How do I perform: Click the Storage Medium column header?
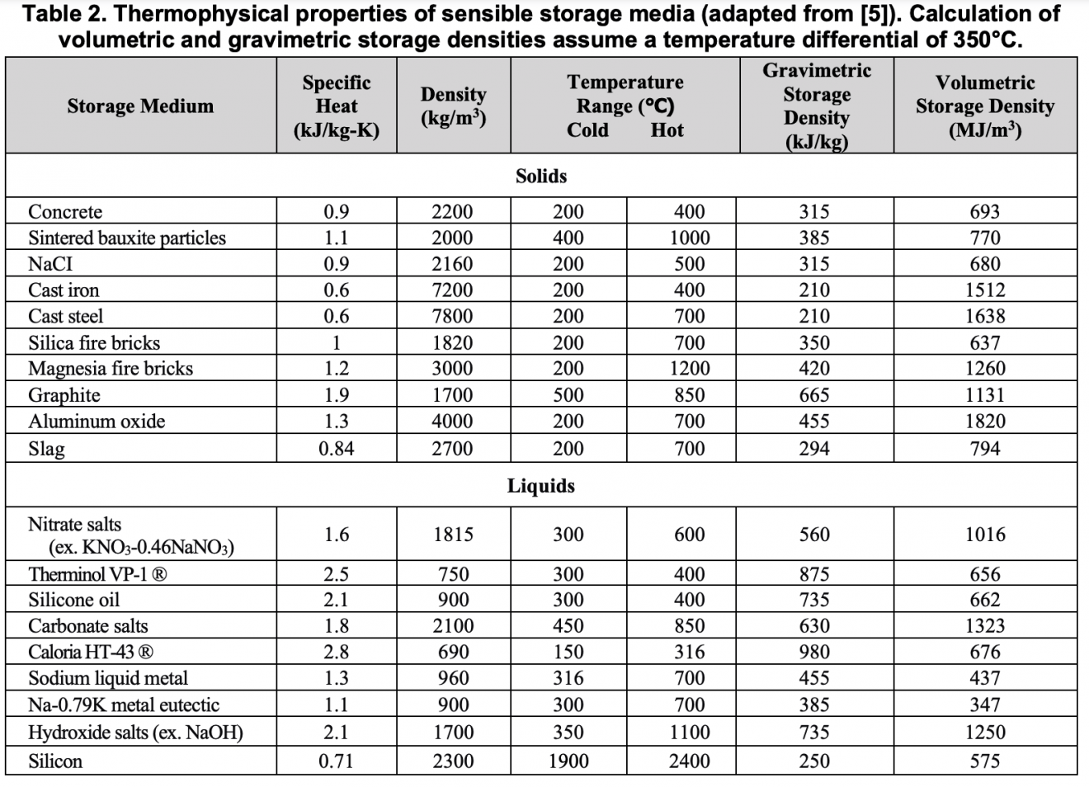[140, 106]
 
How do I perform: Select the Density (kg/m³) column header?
[453, 106]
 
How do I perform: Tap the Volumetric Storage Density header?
[984, 106]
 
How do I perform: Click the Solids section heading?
[541, 176]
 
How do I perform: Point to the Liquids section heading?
[541, 485]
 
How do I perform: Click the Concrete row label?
[65, 212]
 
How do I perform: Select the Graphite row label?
[64, 395]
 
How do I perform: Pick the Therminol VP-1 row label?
[97, 574]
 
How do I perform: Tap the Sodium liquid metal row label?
[108, 678]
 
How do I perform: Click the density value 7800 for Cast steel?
[453, 316]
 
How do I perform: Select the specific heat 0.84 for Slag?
[337, 449]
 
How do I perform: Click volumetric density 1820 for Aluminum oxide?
[985, 422]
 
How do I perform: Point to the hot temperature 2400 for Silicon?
[690, 761]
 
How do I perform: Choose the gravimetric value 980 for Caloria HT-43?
[814, 652]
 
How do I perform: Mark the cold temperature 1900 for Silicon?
[568, 761]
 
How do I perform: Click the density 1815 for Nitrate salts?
[453, 535]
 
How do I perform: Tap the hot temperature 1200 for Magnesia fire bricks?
[690, 369]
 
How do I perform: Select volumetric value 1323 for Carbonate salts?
[985, 626]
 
